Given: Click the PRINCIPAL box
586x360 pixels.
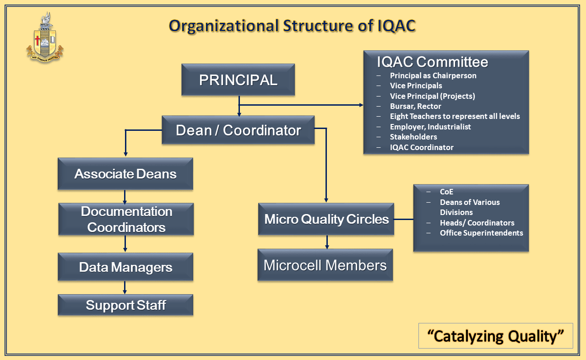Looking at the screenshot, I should tap(238, 80).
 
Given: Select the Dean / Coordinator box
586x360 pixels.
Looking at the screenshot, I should tap(238, 130).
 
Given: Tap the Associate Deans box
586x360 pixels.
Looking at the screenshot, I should tap(125, 174).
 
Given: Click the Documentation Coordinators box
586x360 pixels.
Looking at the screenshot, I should tap(126, 219).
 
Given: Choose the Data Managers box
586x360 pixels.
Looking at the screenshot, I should tap(125, 267).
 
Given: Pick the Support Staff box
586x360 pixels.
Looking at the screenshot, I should tap(125, 305).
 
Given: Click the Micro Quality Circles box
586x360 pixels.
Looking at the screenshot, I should tap(326, 219).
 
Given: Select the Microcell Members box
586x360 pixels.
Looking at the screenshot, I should tap(325, 265).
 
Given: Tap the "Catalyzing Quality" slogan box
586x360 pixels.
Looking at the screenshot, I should tap(495, 336).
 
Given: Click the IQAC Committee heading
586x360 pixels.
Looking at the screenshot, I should tap(432, 62).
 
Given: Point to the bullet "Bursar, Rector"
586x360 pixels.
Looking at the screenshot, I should tap(415, 106).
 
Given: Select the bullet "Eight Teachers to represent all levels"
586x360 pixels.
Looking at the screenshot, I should tap(455, 116).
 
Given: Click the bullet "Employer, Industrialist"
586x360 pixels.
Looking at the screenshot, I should tap(430, 127).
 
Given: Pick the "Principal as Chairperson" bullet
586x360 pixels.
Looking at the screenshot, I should tap(433, 75).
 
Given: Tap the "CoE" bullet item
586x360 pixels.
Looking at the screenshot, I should tap(446, 192).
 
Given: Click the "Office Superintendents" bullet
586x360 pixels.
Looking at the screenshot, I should tap(481, 233).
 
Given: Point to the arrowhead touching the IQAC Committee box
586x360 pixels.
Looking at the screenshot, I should tap(360, 105).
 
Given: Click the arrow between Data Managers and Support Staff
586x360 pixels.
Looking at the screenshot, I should tap(125, 288).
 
